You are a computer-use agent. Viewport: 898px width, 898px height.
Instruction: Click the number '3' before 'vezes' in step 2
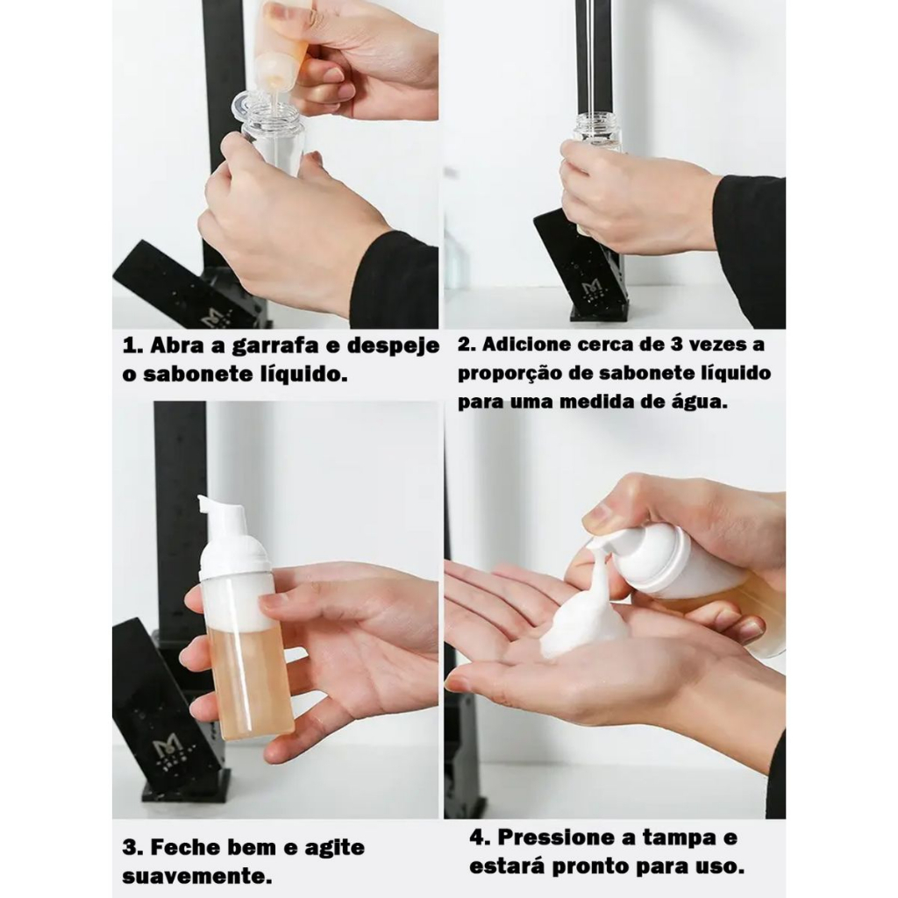pos(674,344)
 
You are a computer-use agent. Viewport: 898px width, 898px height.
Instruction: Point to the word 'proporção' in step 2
pos(511,374)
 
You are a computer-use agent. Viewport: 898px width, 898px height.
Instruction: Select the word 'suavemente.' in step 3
pos(197,876)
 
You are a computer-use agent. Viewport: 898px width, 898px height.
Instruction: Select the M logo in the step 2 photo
pos(590,288)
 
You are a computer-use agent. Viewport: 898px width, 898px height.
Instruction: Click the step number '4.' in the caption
pos(480,837)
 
